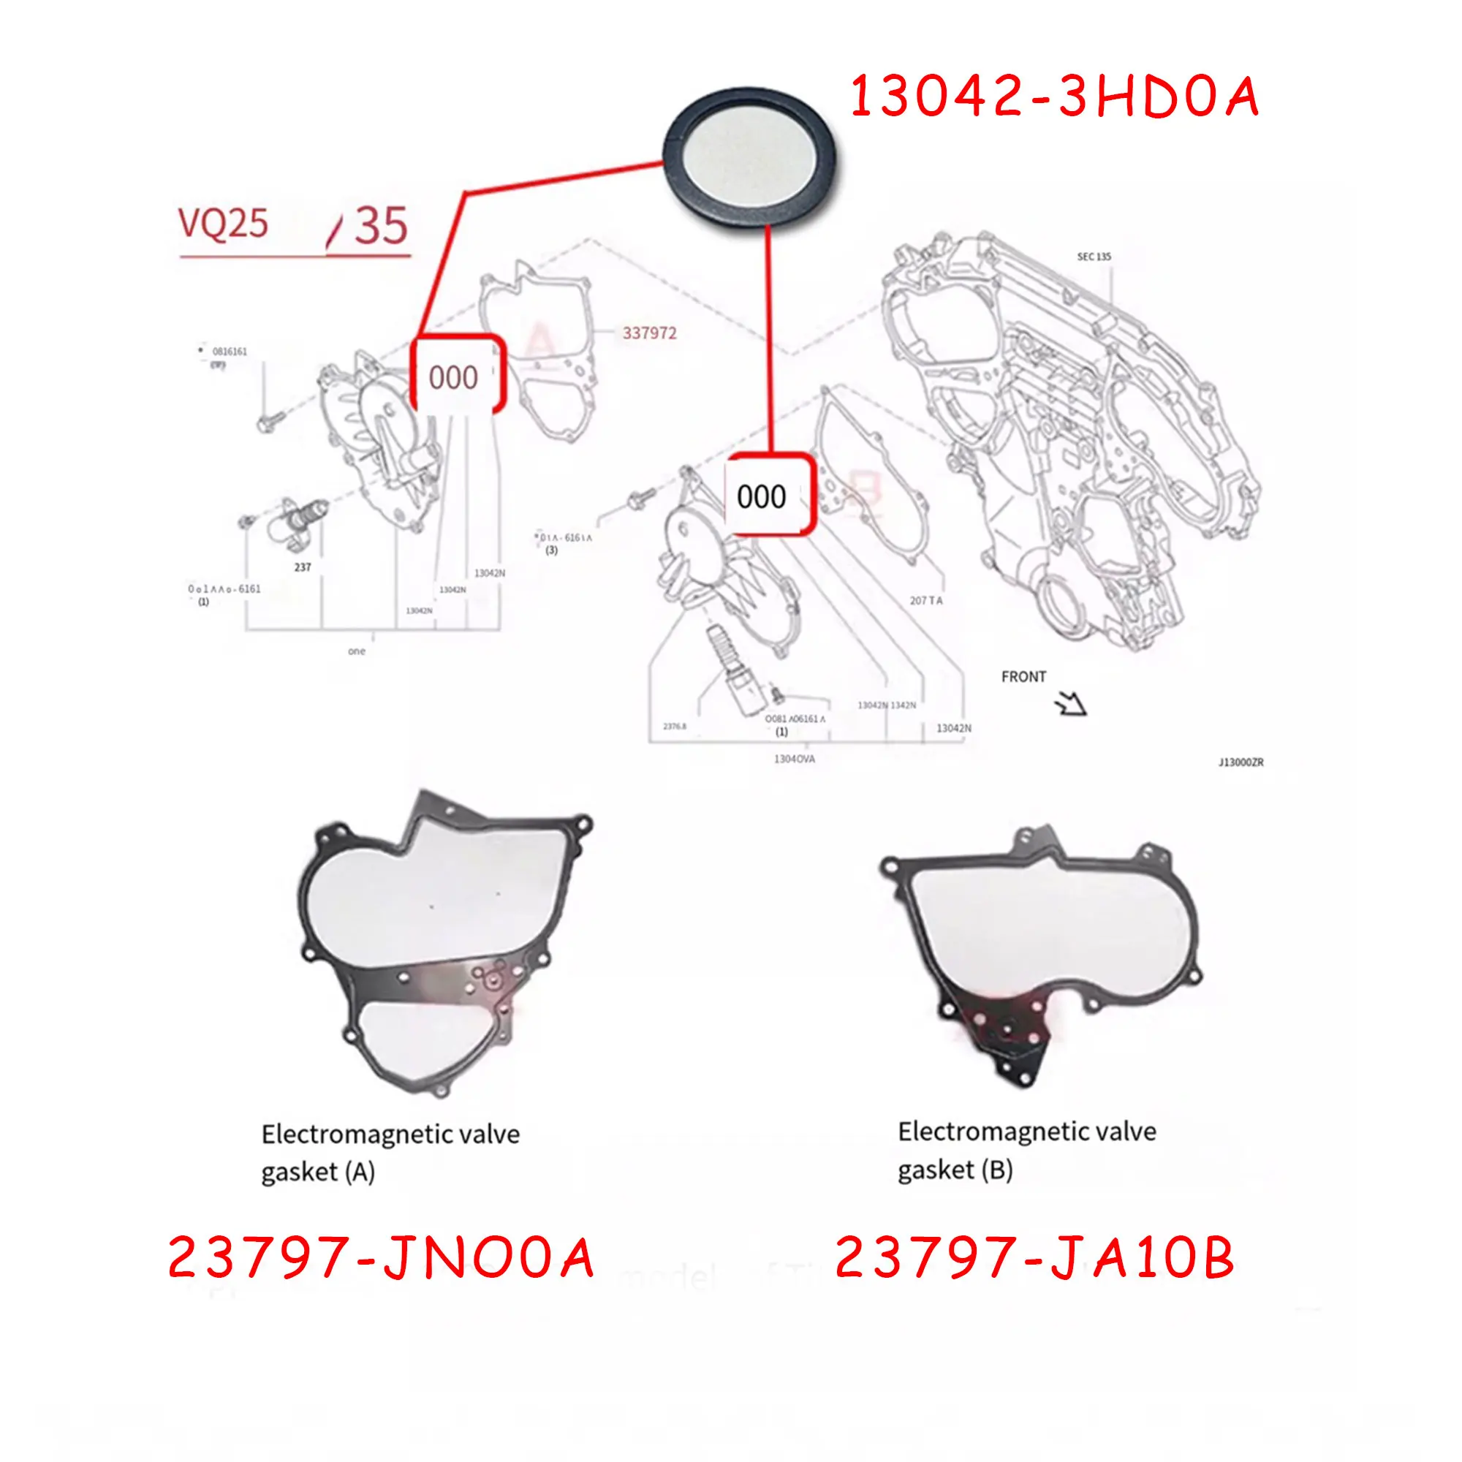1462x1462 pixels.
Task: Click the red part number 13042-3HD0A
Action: [1054, 98]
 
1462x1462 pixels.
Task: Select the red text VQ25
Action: [223, 223]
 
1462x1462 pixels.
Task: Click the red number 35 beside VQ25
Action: [381, 225]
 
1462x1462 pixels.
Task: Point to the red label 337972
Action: [649, 333]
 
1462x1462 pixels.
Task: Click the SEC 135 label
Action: [1094, 257]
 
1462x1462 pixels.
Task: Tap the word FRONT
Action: [1023, 676]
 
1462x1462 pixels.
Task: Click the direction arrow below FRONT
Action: [1071, 705]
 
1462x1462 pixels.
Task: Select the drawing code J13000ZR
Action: [1241, 762]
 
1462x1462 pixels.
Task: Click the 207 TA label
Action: [925, 600]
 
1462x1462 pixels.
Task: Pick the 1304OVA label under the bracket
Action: [794, 758]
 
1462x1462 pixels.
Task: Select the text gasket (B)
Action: [955, 1170]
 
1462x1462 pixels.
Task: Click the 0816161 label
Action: [230, 351]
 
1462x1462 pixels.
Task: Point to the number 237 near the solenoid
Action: [302, 567]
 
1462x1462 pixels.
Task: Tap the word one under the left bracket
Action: [357, 651]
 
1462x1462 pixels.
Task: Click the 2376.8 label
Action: [674, 727]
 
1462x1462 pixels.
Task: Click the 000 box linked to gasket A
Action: [454, 377]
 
